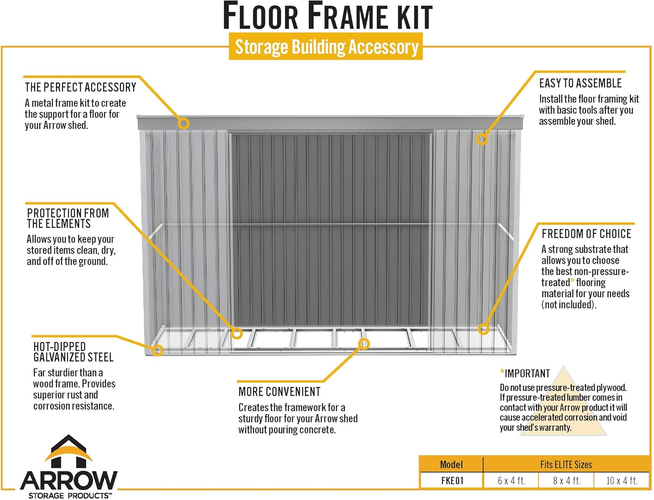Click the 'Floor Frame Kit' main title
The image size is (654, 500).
click(x=327, y=16)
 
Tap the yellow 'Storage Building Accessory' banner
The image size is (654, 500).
click(x=326, y=47)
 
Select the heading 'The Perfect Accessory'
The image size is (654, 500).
click(x=81, y=87)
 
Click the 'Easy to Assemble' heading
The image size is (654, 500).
click(x=580, y=83)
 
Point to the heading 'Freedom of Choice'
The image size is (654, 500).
click(x=586, y=234)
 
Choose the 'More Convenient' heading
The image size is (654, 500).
click(x=279, y=392)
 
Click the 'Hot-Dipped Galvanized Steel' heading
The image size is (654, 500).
click(x=73, y=352)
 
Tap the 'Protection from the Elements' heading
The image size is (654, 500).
click(x=68, y=218)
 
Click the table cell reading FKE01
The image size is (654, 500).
click(x=452, y=480)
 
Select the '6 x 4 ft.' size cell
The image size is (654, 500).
click(x=511, y=480)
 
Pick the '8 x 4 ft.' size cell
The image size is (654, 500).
click(x=567, y=480)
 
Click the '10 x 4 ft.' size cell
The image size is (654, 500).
click(x=622, y=480)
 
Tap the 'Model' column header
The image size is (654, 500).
click(x=451, y=464)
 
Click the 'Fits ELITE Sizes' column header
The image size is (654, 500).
click(x=566, y=464)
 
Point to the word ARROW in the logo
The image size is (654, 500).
click(x=69, y=480)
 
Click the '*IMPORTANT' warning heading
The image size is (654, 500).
click(x=525, y=374)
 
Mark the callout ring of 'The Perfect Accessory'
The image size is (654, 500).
click(x=184, y=123)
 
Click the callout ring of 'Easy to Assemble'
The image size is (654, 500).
click(x=482, y=139)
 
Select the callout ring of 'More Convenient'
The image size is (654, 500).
click(x=364, y=344)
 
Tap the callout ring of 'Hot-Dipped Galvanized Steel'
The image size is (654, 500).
click(x=158, y=350)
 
